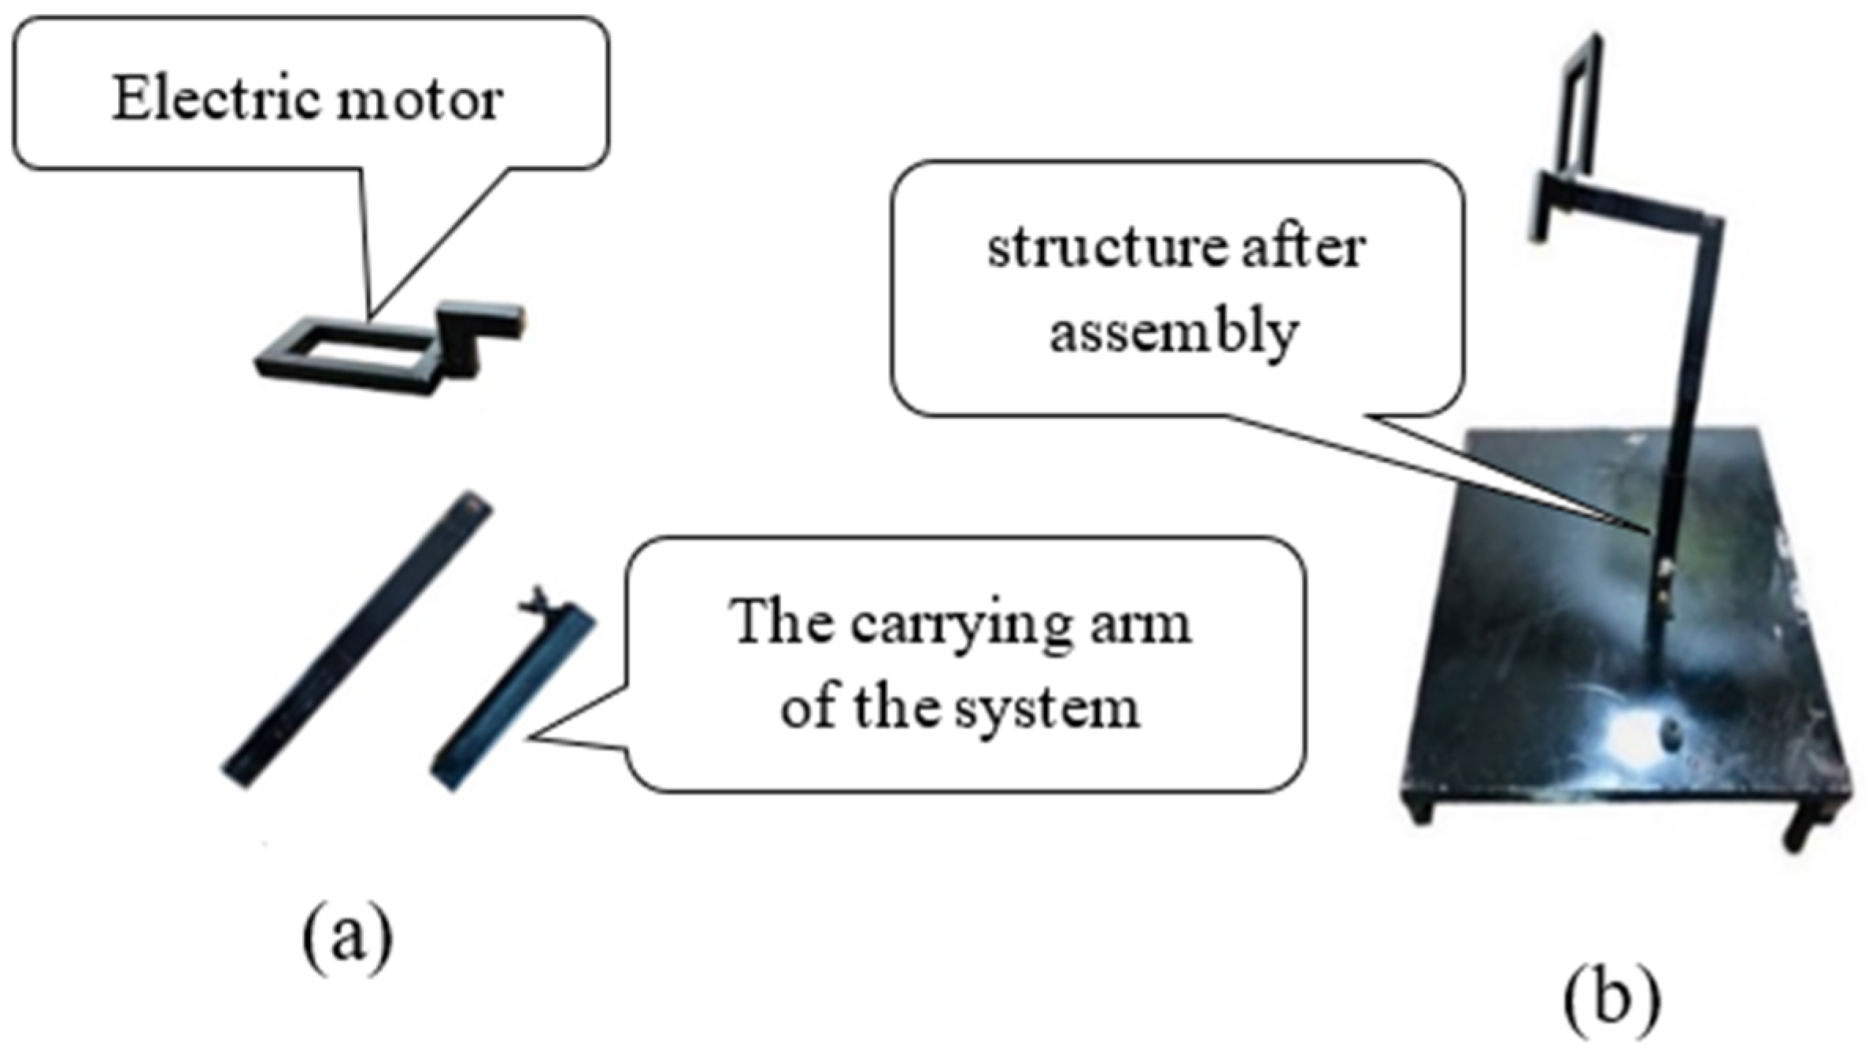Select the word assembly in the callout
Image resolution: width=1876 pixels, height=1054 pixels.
pyautogui.click(x=1173, y=333)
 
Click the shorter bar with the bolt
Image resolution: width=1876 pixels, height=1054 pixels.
pyautogui.click(x=512, y=701)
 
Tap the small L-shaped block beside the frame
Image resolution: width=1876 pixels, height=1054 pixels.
pyautogui.click(x=472, y=335)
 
